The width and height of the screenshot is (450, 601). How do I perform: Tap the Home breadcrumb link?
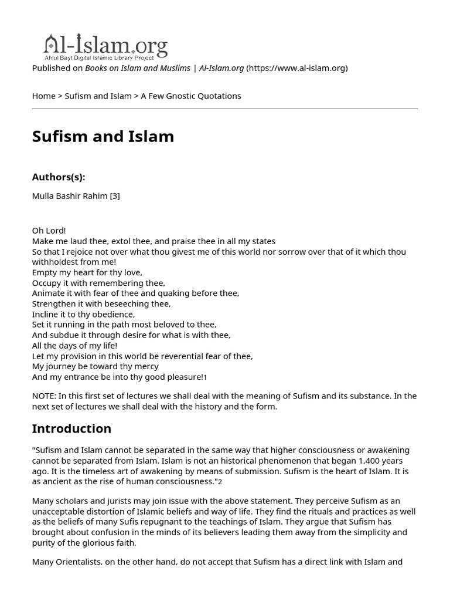pyautogui.click(x=43, y=96)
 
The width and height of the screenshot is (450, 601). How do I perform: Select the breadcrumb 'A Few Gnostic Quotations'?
pyautogui.click(x=191, y=96)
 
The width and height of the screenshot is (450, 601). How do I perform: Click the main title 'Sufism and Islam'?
pyautogui.click(x=103, y=136)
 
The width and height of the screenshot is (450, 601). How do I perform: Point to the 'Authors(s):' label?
pyautogui.click(x=59, y=177)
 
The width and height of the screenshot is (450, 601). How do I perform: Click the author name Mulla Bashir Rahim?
pyautogui.click(x=70, y=196)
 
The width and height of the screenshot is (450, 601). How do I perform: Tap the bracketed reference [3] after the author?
pyautogui.click(x=115, y=196)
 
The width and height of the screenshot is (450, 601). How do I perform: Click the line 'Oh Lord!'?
pyautogui.click(x=49, y=231)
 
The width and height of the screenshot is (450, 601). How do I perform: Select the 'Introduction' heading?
pyautogui.click(x=71, y=428)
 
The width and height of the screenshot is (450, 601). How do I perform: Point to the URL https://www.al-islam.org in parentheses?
pyautogui.click(x=297, y=68)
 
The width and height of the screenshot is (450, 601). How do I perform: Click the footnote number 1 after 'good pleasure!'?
pyautogui.click(x=205, y=378)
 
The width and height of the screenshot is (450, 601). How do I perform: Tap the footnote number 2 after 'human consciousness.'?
pyautogui.click(x=220, y=482)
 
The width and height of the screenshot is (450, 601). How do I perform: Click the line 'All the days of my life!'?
pyautogui.click(x=74, y=346)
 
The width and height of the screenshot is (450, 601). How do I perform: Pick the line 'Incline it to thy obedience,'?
pyautogui.click(x=83, y=315)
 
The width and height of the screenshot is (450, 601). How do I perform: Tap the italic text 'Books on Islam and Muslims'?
pyautogui.click(x=138, y=68)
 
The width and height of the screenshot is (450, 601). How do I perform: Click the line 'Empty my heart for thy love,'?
pyautogui.click(x=87, y=272)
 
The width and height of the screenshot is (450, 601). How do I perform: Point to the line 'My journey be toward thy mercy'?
pyautogui.click(x=95, y=367)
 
